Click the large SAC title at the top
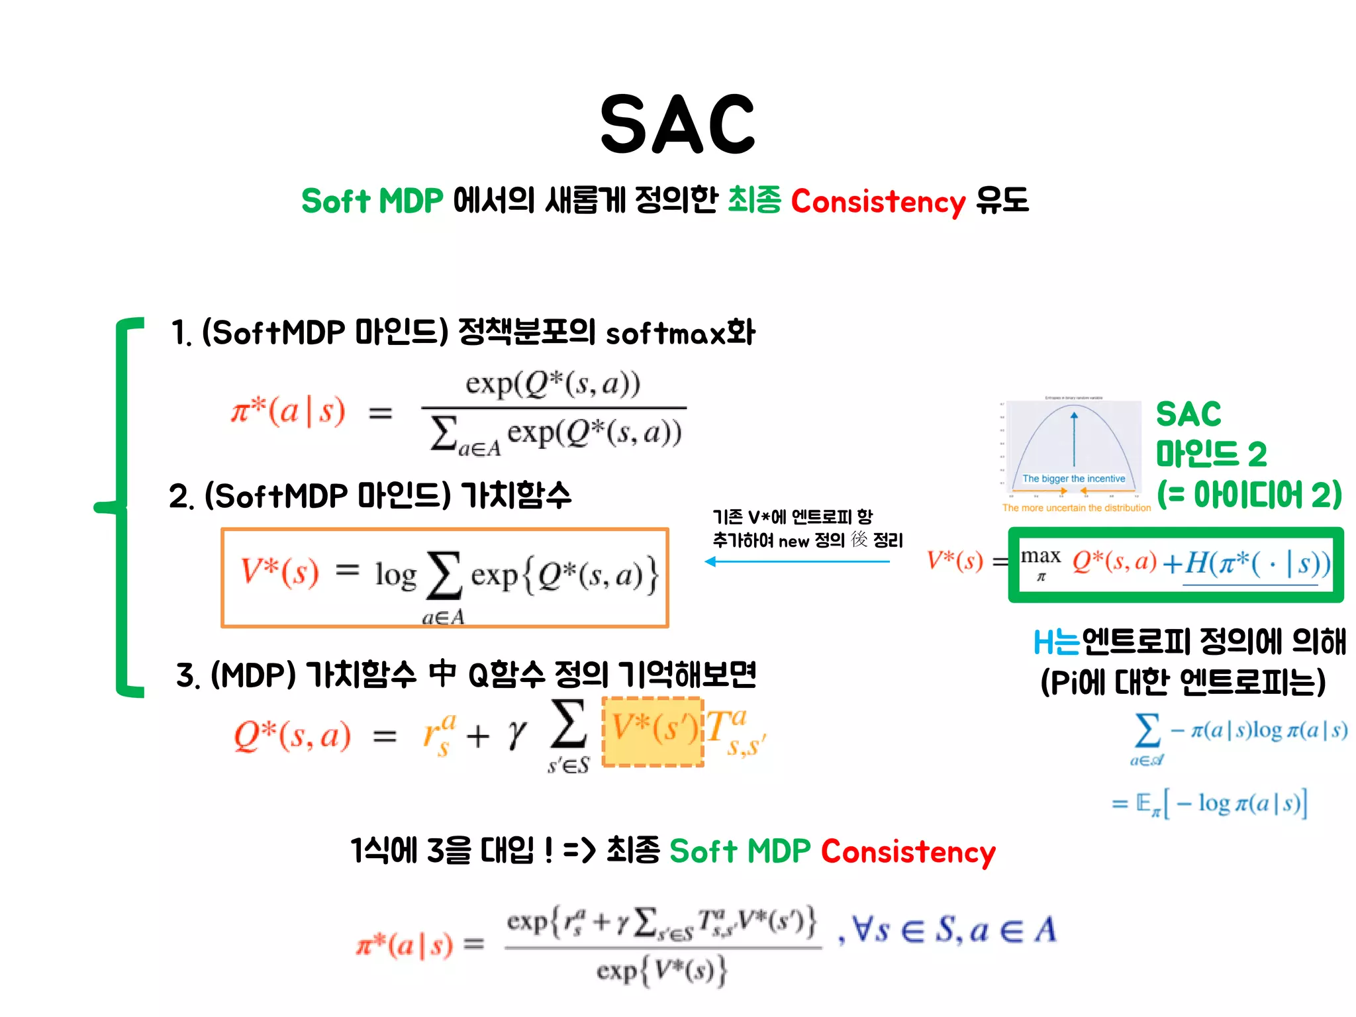tap(677, 124)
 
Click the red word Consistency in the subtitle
tap(878, 201)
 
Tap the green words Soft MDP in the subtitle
tap(371, 201)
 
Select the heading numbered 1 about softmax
tap(462, 332)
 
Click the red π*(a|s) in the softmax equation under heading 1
tap(288, 412)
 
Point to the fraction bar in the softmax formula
tap(554, 408)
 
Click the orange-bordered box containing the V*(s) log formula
tap(445, 577)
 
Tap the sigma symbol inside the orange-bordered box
tap(444, 575)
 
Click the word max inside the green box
tap(1040, 556)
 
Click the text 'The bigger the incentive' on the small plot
tap(1073, 479)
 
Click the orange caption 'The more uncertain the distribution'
tap(1077, 508)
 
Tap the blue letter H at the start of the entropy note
tap(1043, 642)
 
